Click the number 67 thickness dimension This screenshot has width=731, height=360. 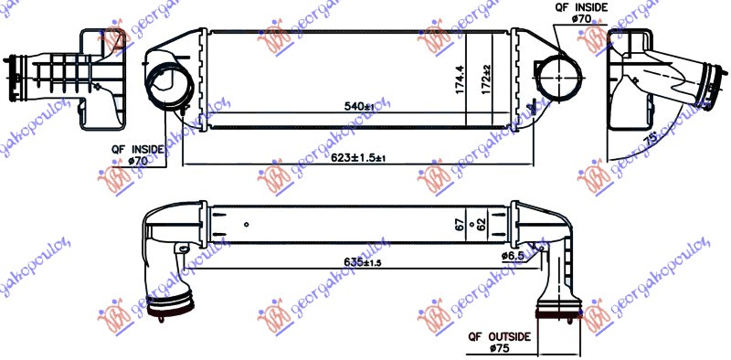point(460,222)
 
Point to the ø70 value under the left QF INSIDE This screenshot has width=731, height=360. point(138,160)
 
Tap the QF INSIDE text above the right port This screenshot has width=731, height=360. point(582,6)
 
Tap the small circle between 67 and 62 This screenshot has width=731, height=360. point(471,223)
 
